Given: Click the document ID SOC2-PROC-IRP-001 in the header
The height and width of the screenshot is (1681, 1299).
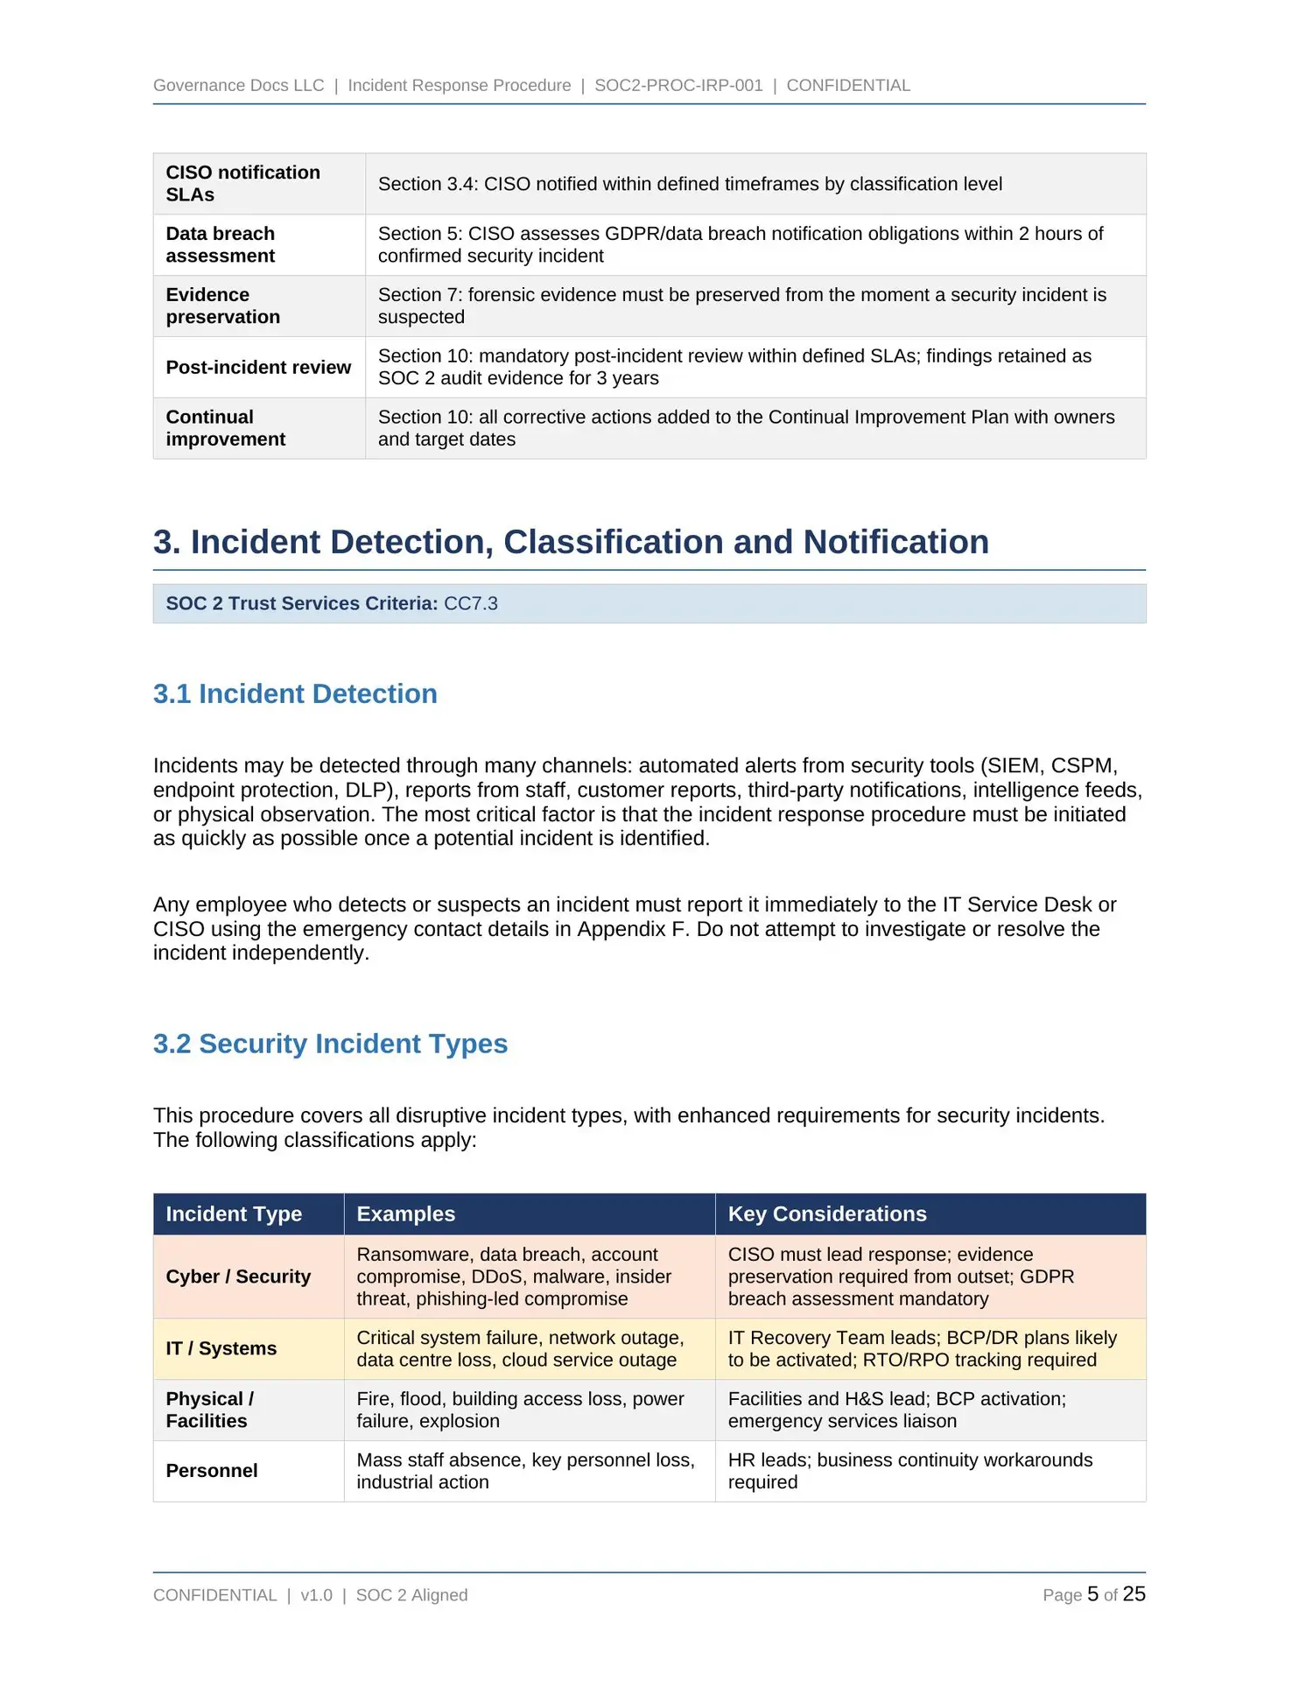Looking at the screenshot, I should [678, 86].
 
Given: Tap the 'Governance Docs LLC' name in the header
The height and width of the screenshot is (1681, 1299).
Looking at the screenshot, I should [238, 86].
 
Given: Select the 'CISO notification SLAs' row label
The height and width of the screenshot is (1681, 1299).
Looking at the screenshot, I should [242, 184].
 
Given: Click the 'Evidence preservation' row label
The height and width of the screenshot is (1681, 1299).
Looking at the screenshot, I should [222, 306].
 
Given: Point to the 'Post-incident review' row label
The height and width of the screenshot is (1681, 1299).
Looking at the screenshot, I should [258, 368].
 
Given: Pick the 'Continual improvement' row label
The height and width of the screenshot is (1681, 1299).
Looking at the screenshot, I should [225, 428].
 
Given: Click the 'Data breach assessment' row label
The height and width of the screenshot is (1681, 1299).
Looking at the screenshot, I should [220, 245].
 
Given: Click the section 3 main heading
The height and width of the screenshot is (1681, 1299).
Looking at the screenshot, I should [571, 542].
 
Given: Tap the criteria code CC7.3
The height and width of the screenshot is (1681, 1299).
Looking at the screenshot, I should [471, 604].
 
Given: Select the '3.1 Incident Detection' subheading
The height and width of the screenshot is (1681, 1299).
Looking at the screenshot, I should [295, 694].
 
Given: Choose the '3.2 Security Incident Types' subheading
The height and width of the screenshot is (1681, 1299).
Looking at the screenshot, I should [330, 1044].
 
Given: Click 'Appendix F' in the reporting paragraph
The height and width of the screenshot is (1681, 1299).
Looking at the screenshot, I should [632, 929].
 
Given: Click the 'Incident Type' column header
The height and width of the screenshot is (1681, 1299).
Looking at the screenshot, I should [234, 1214].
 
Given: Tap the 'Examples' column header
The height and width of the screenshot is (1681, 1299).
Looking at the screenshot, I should [405, 1214].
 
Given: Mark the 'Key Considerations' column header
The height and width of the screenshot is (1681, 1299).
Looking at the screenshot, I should [827, 1214].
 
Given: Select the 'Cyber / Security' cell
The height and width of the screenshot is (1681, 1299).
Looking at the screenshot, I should [238, 1277].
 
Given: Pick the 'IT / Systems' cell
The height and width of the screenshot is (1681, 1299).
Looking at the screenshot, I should [221, 1348].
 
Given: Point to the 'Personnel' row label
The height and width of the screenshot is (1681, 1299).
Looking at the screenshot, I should [212, 1471].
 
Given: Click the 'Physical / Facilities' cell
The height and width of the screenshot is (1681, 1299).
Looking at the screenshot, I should [209, 1410].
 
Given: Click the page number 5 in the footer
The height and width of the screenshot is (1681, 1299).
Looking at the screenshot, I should [1092, 1594].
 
